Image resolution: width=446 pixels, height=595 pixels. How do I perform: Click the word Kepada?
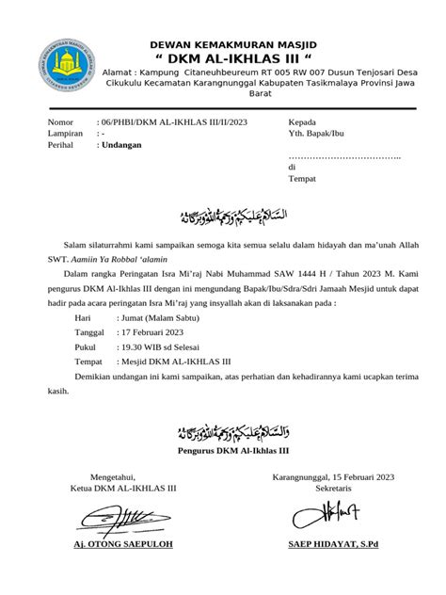pyautogui.click(x=302, y=123)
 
